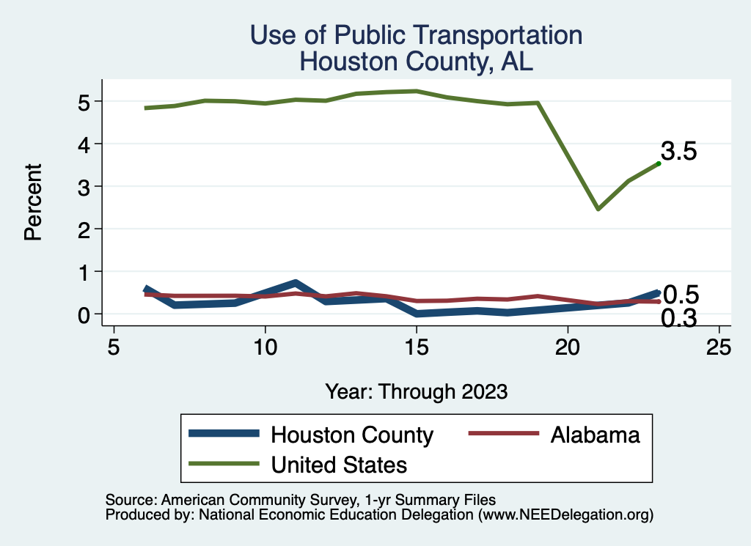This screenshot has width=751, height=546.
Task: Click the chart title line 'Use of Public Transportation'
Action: (x=416, y=35)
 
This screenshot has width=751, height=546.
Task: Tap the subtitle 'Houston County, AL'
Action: (x=416, y=62)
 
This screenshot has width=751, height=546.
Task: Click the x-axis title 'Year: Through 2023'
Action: (x=417, y=391)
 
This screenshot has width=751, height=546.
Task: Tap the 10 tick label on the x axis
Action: (x=265, y=347)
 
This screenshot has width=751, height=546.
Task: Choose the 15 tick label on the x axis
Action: (x=416, y=347)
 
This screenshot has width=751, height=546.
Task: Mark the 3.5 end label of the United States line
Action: (x=678, y=152)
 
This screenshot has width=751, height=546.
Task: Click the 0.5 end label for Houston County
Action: (x=681, y=295)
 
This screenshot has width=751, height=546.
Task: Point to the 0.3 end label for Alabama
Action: (x=679, y=318)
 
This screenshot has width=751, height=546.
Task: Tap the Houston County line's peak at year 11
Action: (x=295, y=283)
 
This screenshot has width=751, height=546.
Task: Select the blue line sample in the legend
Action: (x=224, y=434)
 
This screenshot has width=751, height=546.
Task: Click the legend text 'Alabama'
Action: (x=595, y=435)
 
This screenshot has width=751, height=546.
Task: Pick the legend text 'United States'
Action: (x=339, y=464)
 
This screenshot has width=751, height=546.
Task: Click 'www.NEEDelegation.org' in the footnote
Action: (x=565, y=515)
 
